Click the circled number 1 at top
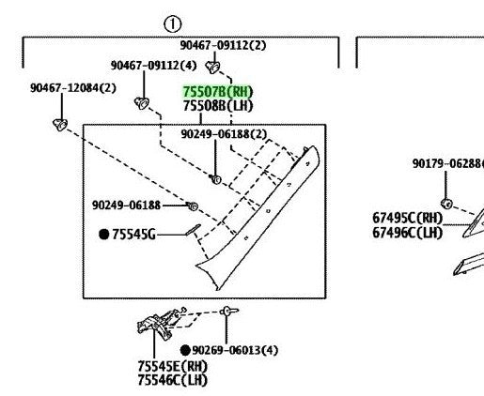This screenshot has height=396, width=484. tap(172, 24)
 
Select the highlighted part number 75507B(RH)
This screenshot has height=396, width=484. tap(218, 92)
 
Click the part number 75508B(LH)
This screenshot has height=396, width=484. tap(218, 106)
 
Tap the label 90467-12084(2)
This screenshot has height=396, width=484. tap(73, 88)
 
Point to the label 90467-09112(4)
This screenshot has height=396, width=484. tap(154, 66)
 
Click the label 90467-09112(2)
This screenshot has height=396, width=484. tap(223, 45)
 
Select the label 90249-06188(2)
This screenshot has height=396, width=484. tap(224, 134)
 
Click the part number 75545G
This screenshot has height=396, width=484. tap(133, 234)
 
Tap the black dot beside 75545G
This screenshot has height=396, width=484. tap(103, 234)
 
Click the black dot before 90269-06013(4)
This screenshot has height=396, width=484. tap(185, 350)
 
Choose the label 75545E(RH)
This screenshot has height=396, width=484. tap(173, 366)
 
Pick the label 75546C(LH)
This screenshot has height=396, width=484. tap(173, 380)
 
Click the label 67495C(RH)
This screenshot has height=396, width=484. tap(408, 218)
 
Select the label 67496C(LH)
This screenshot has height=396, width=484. tap(408, 233)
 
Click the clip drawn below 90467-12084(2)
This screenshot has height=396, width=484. tap(60, 125)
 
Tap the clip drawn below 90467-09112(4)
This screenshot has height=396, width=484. tap(142, 103)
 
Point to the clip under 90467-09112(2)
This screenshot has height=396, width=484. tap(212, 67)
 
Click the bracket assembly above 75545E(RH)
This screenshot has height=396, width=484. tap(158, 324)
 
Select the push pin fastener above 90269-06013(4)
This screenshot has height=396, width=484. tap(228, 312)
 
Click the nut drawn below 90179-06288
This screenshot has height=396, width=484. tap(446, 204)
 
